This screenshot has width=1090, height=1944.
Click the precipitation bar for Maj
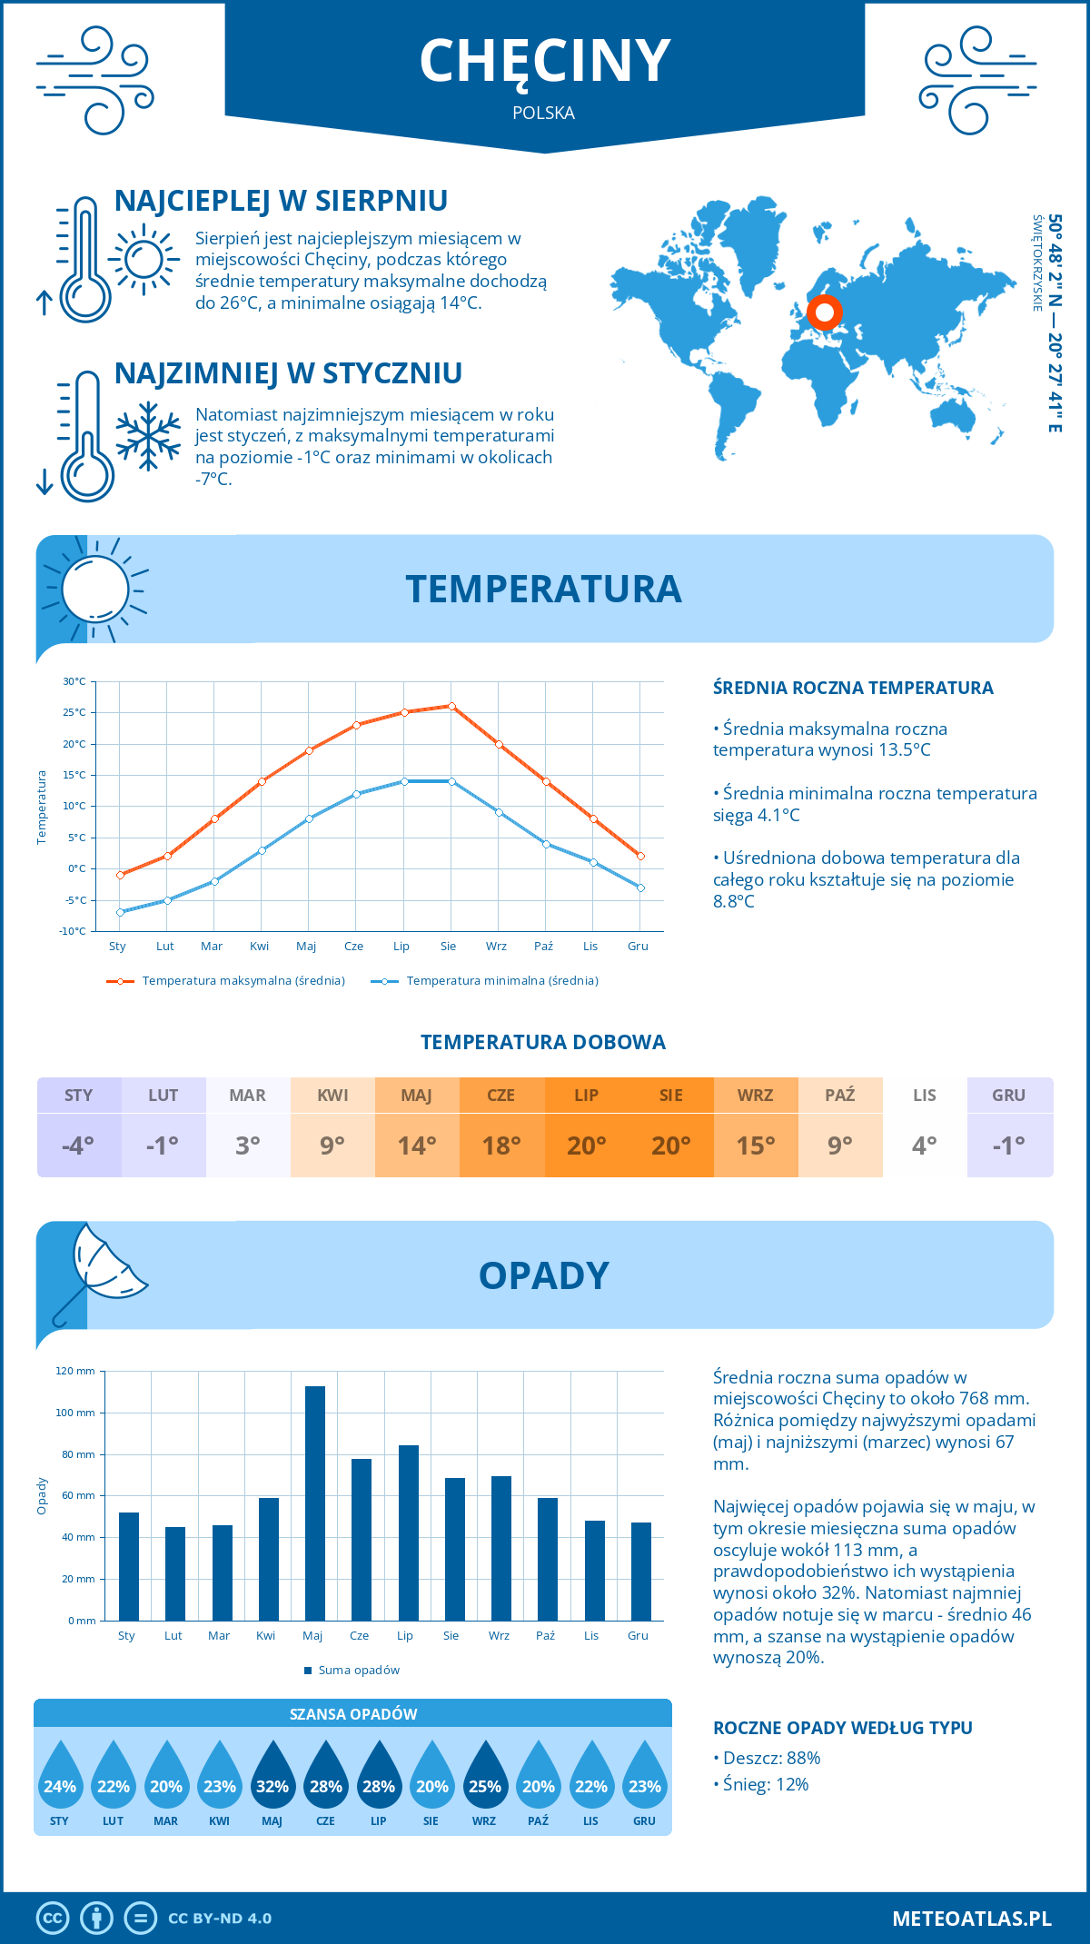coord(314,1503)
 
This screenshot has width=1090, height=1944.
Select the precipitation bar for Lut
coord(175,1573)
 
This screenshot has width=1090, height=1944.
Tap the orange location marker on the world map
coord(824,313)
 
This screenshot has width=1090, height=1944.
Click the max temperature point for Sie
coord(451,706)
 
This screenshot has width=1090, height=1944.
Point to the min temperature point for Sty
coord(120,912)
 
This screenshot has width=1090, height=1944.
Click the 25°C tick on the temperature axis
coord(74,712)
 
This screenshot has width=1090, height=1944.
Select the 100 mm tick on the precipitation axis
coord(75,1413)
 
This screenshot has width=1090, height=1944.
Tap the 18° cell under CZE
coord(501,1146)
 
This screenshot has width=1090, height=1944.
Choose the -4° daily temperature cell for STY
coord(78,1146)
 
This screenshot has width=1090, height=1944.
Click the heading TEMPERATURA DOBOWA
coord(543,1042)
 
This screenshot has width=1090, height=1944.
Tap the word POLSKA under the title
coord(543,113)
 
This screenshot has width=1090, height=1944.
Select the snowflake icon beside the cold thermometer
coord(148,437)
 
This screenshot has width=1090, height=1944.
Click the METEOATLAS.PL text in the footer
coord(971,1919)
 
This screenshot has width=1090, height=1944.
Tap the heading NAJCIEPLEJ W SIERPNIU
coord(281,201)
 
